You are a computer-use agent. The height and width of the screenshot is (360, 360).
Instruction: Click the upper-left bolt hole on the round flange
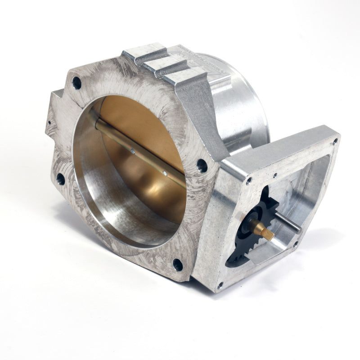[77, 83]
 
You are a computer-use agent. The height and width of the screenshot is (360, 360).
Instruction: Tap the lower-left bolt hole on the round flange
[60, 179]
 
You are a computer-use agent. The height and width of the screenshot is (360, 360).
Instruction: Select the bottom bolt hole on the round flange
[178, 264]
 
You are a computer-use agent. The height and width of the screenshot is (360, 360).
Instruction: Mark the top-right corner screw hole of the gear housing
[335, 141]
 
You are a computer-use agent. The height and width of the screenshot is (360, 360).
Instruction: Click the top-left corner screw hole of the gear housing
[248, 180]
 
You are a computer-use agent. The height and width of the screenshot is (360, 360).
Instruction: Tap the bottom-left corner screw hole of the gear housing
[219, 284]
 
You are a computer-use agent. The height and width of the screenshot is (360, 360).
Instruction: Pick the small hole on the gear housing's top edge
[274, 173]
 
